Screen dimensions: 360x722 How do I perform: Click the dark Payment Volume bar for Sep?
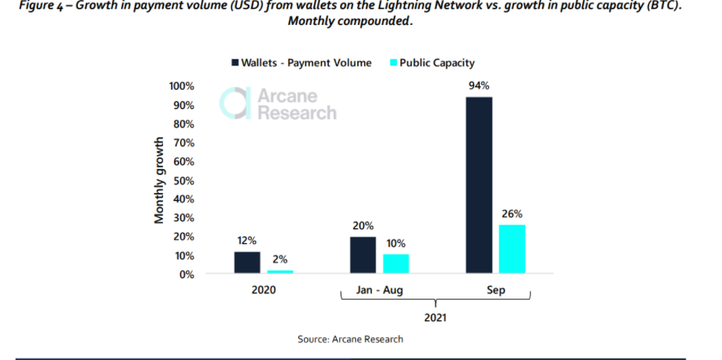[x=479, y=185]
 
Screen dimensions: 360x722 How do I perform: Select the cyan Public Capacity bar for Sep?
[x=511, y=249]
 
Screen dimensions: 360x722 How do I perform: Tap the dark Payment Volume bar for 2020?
[x=247, y=262]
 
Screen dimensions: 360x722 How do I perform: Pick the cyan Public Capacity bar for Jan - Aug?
[x=396, y=263]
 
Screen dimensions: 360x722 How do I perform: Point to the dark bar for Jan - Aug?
[x=363, y=255]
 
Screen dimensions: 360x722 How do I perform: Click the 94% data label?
[x=479, y=86]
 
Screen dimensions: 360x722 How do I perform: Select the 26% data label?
[x=512, y=214]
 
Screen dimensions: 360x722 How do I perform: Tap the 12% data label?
[x=247, y=241]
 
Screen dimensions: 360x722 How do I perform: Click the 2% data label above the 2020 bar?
[x=280, y=259]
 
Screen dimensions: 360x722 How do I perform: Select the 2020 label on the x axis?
[x=263, y=290]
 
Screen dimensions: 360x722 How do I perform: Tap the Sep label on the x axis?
[x=495, y=290]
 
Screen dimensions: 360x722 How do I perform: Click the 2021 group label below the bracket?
[x=435, y=317]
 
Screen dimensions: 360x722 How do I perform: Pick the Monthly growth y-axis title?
[x=159, y=180]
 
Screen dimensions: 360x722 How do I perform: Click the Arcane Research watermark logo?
[x=278, y=104]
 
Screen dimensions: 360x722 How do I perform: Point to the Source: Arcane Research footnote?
[x=350, y=339]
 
